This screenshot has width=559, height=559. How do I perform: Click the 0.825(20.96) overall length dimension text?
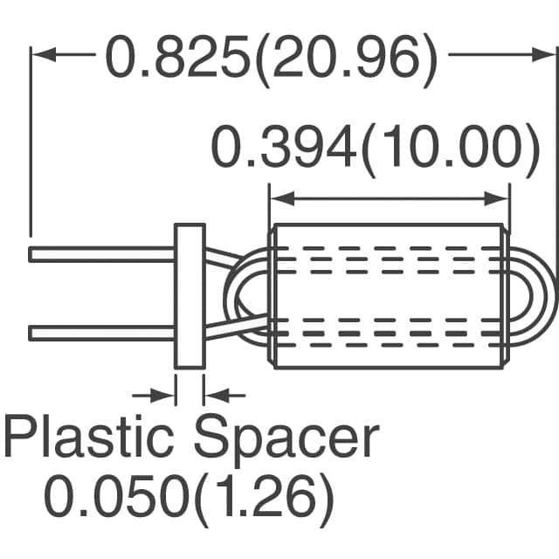coord(270,58)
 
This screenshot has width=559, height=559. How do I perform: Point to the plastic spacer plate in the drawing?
coord(189,296)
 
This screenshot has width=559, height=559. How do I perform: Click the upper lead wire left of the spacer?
coord(100,254)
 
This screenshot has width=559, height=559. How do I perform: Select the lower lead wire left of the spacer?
coord(100,333)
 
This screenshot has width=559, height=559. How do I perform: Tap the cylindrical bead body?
coord(390,296)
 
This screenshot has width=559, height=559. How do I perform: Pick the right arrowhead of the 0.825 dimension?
coord(544,55)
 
